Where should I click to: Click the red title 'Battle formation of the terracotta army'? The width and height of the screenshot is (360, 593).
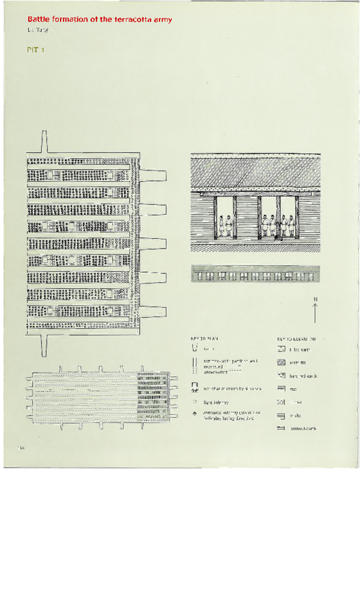(x=100, y=20)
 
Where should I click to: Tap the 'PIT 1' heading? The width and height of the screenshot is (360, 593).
(x=36, y=50)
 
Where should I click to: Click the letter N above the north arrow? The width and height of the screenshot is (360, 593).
(x=315, y=300)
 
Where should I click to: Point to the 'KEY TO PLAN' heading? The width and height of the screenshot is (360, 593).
(x=204, y=339)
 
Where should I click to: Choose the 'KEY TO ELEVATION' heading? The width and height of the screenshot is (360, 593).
(x=296, y=339)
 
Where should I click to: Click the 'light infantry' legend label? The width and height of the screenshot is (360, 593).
(x=216, y=402)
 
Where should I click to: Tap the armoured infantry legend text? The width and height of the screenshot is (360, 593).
(x=232, y=415)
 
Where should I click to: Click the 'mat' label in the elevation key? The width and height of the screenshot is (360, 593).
(x=293, y=389)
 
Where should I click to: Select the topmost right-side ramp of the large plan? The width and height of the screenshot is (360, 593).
(x=153, y=175)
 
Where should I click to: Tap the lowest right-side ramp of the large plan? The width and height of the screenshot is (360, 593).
(x=153, y=312)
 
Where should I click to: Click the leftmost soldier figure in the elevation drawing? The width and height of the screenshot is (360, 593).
(x=221, y=226)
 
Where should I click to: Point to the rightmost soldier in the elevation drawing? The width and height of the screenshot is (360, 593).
(x=291, y=226)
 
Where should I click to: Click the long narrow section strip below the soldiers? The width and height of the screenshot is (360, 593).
(x=255, y=274)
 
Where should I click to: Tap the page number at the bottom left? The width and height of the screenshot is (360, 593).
(x=20, y=447)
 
